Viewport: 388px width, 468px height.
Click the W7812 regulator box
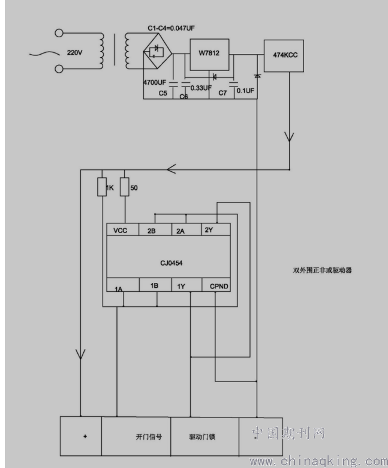(209, 54)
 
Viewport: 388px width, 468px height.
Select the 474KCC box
(284, 56)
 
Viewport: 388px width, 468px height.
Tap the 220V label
(74, 52)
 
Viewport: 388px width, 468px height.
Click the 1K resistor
(102, 187)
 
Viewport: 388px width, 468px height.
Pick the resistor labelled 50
(125, 187)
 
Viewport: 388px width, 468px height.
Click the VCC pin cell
(123, 229)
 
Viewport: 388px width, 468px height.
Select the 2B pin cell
(155, 229)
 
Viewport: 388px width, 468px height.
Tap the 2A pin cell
(187, 229)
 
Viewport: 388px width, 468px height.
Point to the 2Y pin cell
(216, 229)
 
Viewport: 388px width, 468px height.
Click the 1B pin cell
(155, 285)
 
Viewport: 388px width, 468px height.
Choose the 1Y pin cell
(187, 285)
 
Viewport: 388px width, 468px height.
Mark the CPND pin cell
(216, 285)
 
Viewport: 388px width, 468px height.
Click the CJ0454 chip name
(172, 263)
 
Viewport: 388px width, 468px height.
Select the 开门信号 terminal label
(149, 437)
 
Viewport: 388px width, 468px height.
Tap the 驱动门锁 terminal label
(202, 437)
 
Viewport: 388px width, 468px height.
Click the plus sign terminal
(85, 436)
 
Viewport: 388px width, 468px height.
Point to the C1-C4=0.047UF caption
(172, 28)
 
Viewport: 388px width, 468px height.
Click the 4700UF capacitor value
(155, 82)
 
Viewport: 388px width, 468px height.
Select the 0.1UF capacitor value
(245, 91)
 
